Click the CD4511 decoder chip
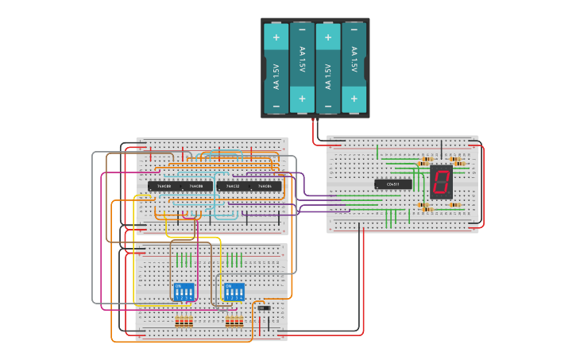(393, 184)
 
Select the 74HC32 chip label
(233, 186)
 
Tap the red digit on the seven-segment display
(441, 182)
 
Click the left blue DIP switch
(184, 292)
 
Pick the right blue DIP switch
(234, 292)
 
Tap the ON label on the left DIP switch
(178, 286)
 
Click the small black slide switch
(264, 308)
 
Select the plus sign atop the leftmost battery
(276, 37)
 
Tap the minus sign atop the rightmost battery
(354, 30)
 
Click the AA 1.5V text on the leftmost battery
(276, 75)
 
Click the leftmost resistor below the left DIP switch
(177, 321)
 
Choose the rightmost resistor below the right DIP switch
(241, 321)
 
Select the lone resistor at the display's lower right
(454, 205)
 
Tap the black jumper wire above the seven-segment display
(442, 149)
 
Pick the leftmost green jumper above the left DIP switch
(177, 260)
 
